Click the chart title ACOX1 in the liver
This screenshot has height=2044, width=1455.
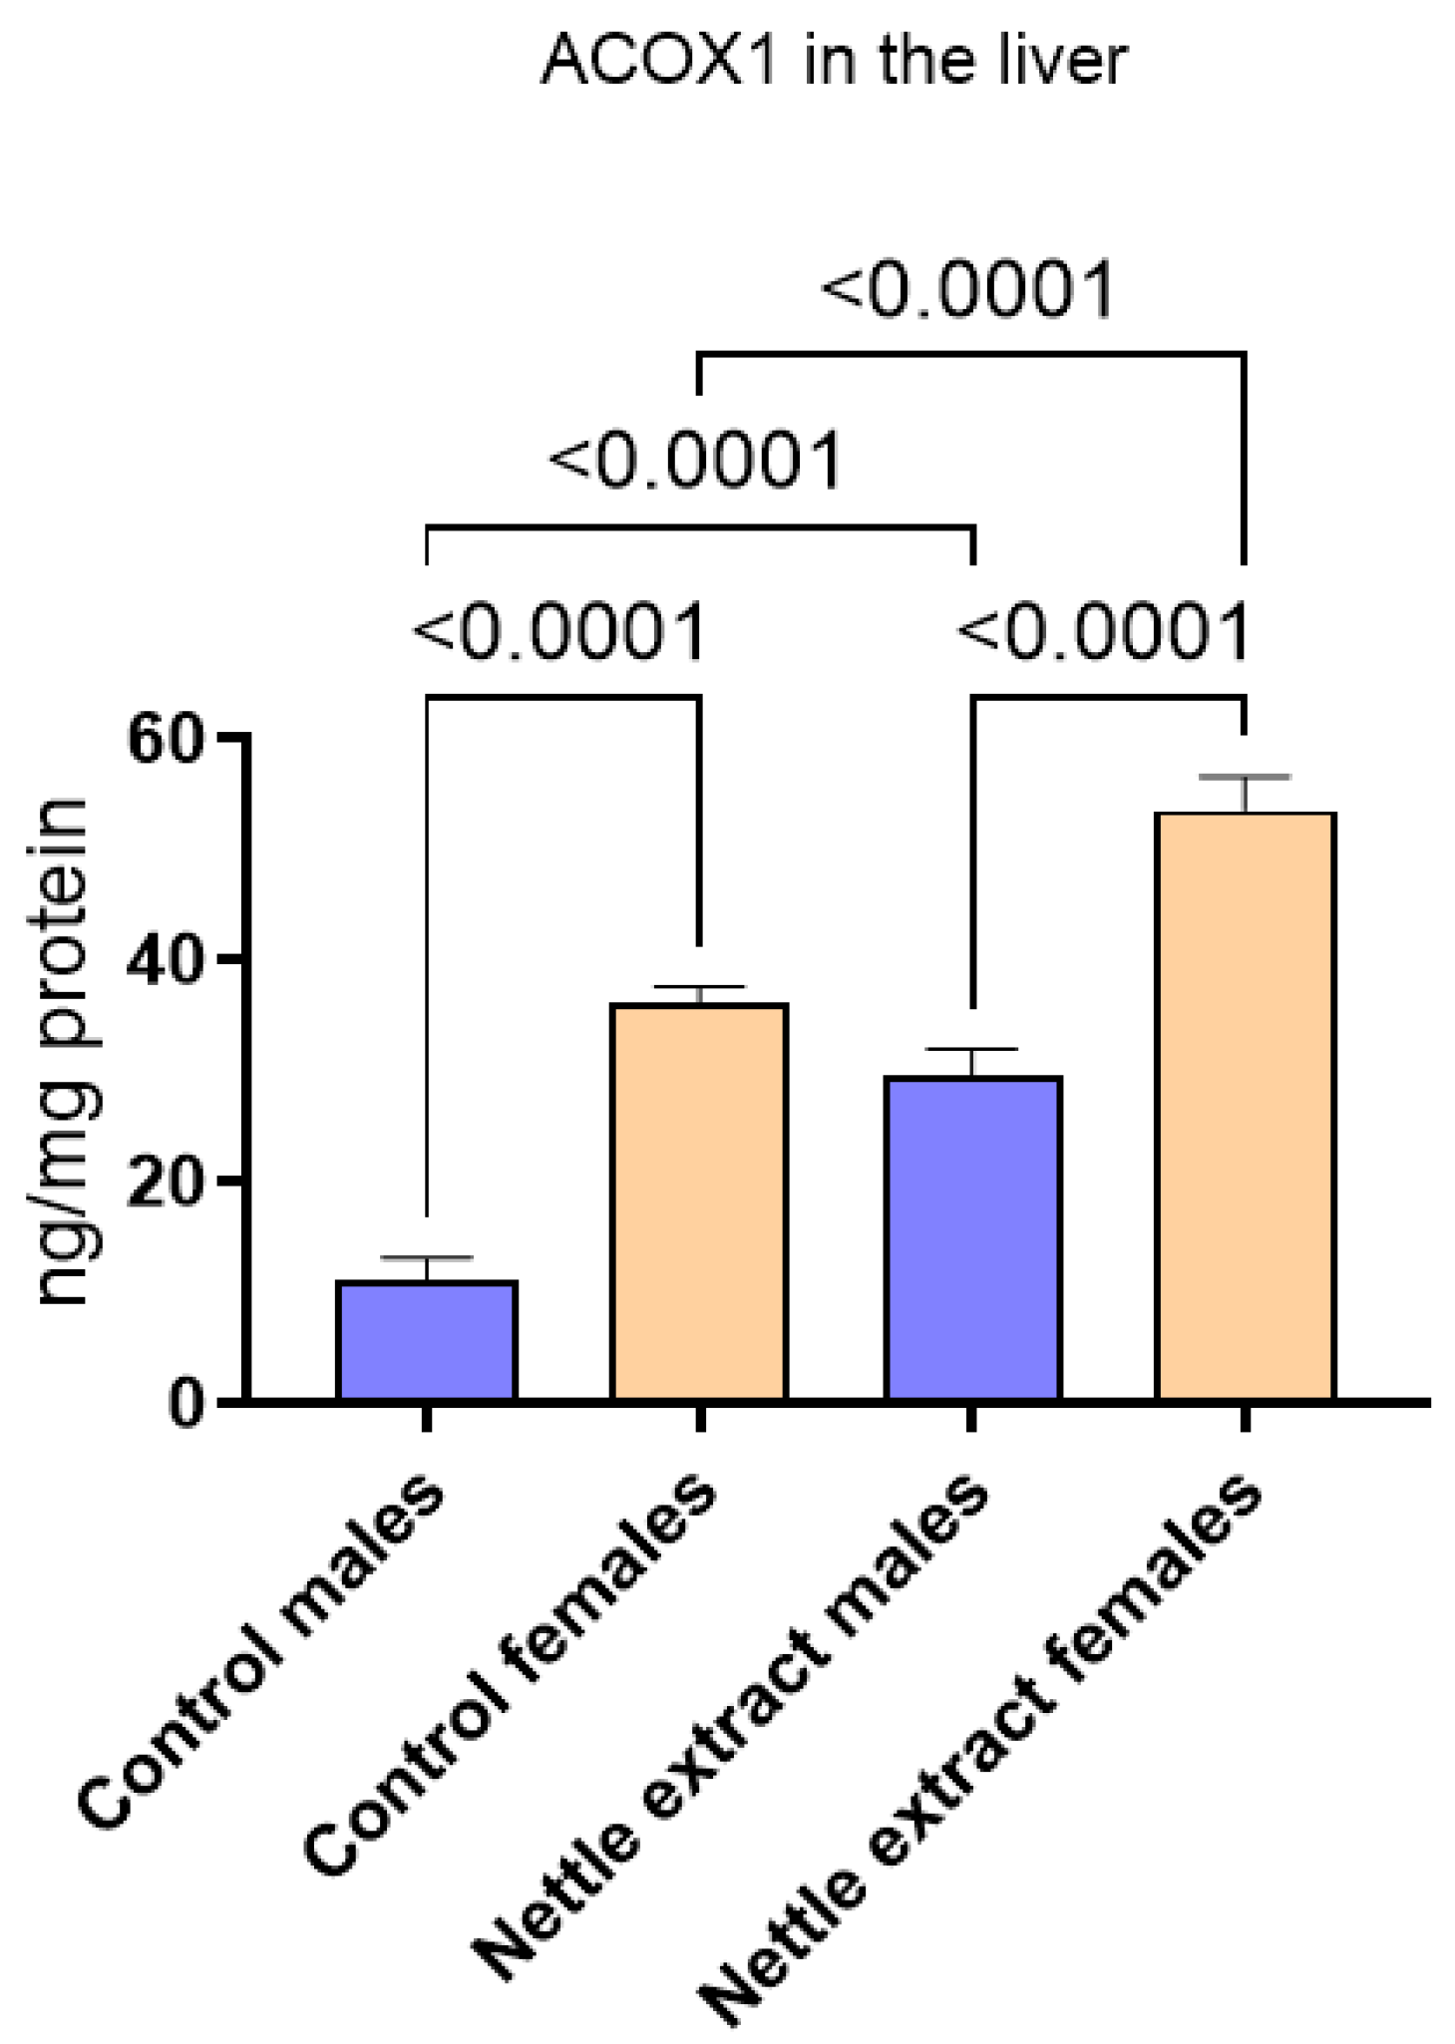tap(834, 62)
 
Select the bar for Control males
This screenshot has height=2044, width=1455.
tap(426, 1341)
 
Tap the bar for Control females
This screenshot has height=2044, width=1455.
tap(699, 1201)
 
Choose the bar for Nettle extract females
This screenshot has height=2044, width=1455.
tap(1245, 1107)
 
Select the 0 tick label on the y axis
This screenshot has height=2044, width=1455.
tap(185, 1404)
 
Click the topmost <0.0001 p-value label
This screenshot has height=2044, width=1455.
tap(967, 291)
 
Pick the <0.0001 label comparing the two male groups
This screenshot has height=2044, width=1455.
tap(696, 462)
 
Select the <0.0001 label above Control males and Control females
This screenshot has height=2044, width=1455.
tap(559, 632)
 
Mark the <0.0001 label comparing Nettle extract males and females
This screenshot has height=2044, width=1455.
tap(1104, 632)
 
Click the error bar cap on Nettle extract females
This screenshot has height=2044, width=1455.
tap(1245, 777)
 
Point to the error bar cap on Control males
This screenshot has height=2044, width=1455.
tap(426, 1258)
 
